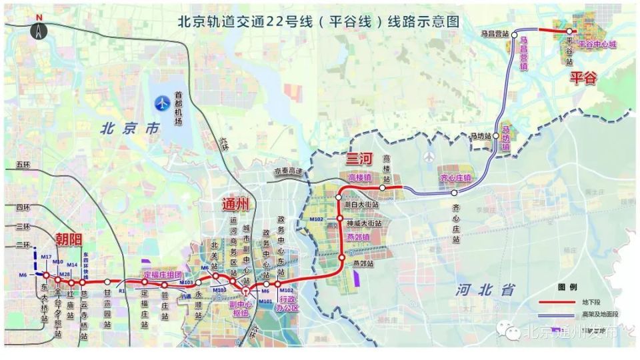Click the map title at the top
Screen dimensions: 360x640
(319, 20)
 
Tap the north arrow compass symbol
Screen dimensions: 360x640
(40, 27)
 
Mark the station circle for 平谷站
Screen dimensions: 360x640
(569, 31)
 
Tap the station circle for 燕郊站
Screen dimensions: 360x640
(343, 257)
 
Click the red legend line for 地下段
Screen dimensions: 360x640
(557, 301)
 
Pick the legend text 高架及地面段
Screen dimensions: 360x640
(600, 313)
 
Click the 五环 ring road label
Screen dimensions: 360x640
(24, 165)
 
